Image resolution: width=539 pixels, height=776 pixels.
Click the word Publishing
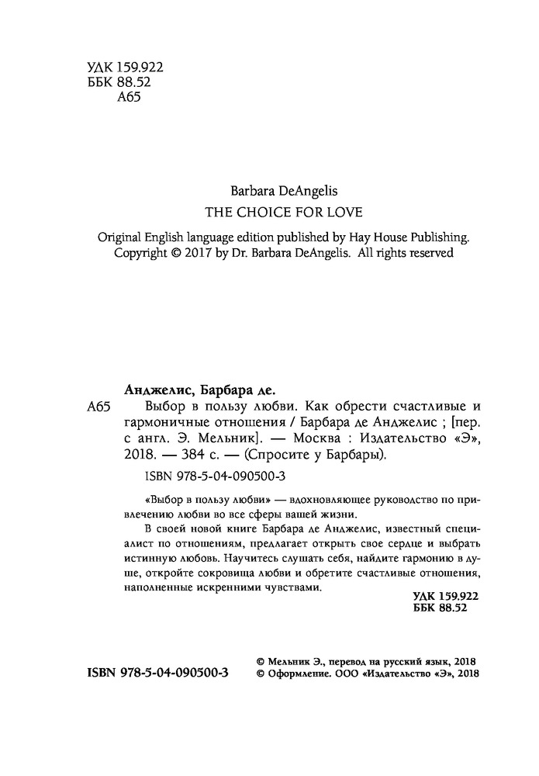click(x=436, y=237)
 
